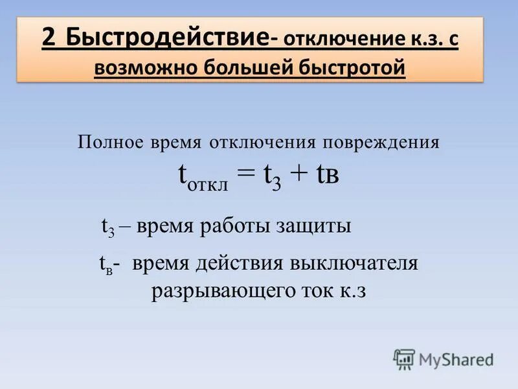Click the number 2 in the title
[x=49, y=38]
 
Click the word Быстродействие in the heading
[x=166, y=38]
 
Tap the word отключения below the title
[x=262, y=142]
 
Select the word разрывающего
[x=220, y=291]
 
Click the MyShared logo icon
[x=404, y=359]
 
